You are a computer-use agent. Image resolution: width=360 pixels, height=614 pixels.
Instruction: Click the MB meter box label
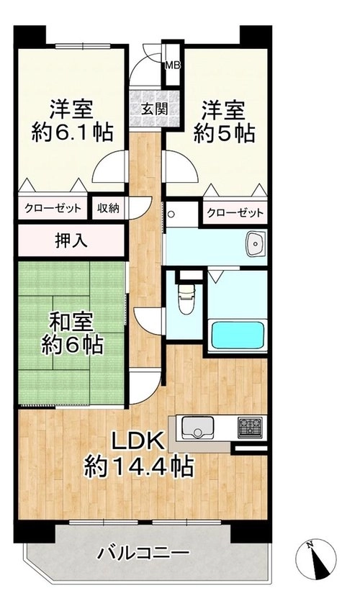pyautogui.click(x=172, y=65)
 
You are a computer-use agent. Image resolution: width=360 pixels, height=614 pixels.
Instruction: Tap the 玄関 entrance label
pyautogui.click(x=154, y=109)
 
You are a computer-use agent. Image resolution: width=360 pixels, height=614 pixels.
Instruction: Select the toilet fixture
pyautogui.click(x=186, y=299)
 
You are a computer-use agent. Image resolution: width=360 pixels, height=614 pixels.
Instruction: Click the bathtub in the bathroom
pyautogui.click(x=237, y=335)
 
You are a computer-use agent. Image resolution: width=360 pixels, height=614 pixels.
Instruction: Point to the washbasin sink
pyautogui.click(x=256, y=243)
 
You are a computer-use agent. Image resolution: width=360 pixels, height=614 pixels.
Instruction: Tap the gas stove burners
pyautogui.click(x=250, y=427)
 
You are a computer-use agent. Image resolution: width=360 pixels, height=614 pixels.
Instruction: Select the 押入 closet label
pyautogui.click(x=71, y=242)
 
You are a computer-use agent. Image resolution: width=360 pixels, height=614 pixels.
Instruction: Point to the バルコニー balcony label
pyautogui.click(x=144, y=554)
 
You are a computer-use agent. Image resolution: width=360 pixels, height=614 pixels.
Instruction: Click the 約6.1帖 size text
pyautogui.click(x=72, y=132)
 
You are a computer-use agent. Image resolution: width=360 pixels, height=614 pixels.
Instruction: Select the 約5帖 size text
pyautogui.click(x=224, y=133)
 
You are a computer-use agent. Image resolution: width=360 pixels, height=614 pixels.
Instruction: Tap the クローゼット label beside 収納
pyautogui.click(x=53, y=208)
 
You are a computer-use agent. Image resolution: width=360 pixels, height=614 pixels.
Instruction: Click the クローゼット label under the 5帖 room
pyautogui.click(x=235, y=213)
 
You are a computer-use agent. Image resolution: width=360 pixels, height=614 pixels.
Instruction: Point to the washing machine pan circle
pyautogui.click(x=171, y=214)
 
